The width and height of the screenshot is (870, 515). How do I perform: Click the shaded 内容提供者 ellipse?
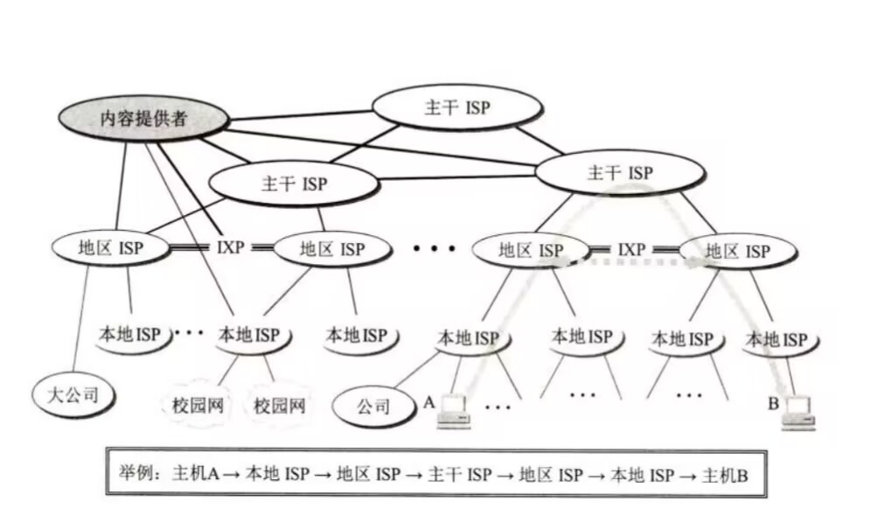(143, 119)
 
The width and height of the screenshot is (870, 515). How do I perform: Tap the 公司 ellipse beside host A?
(374, 407)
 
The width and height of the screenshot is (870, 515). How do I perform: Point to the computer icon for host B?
(798, 412)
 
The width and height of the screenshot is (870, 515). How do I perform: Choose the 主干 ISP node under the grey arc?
(620, 173)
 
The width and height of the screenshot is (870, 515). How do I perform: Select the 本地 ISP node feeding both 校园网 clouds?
(248, 336)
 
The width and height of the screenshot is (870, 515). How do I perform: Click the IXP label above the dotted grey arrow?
(631, 251)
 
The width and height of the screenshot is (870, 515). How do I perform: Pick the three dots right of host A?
(497, 407)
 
